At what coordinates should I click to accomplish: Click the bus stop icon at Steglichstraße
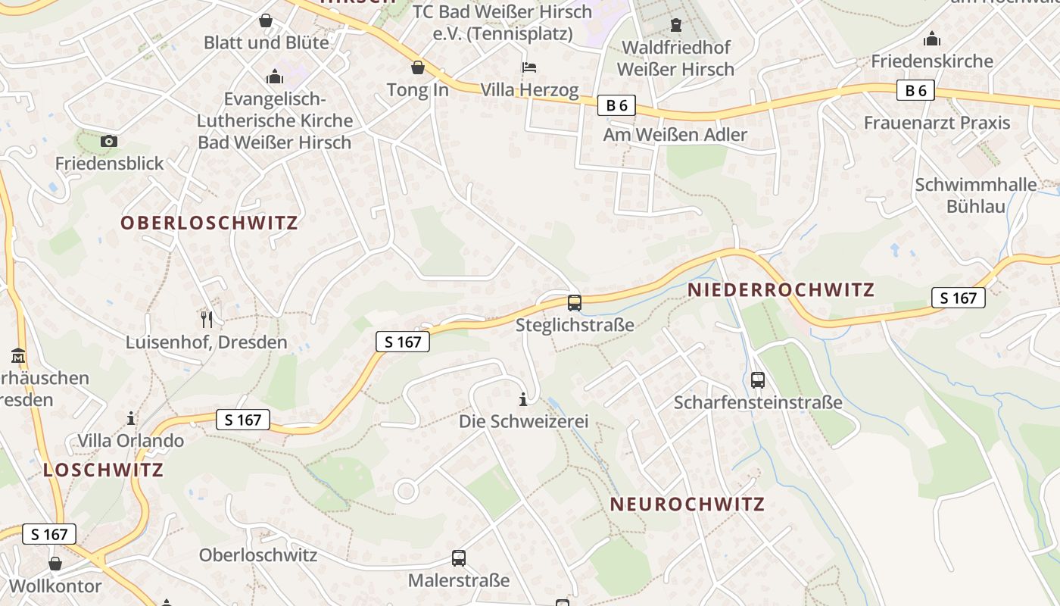pyautogui.click(x=575, y=303)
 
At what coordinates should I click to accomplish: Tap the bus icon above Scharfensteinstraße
pyautogui.click(x=758, y=380)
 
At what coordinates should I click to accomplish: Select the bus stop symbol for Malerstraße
pyautogui.click(x=459, y=558)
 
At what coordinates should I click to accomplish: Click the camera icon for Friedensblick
pyautogui.click(x=109, y=141)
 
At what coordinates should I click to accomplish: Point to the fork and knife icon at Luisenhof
pyautogui.click(x=207, y=320)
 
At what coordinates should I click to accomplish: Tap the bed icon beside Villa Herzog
pyautogui.click(x=530, y=68)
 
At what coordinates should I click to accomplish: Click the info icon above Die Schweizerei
pyautogui.click(x=522, y=399)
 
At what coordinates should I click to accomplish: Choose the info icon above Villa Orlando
pyautogui.click(x=131, y=418)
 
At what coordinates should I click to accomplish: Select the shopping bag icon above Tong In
pyautogui.click(x=417, y=68)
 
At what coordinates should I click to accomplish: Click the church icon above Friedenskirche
pyautogui.click(x=932, y=39)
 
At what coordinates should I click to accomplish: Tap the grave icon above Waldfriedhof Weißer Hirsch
pyautogui.click(x=676, y=25)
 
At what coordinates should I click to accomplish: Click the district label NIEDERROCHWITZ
pyautogui.click(x=781, y=289)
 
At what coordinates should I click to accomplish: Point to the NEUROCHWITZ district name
pyautogui.click(x=687, y=504)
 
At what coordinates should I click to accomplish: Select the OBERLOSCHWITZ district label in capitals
pyautogui.click(x=209, y=223)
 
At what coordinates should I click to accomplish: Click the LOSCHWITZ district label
pyautogui.click(x=103, y=470)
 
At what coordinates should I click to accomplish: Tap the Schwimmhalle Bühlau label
pyautogui.click(x=976, y=195)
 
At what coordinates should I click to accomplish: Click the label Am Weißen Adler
pyautogui.click(x=675, y=135)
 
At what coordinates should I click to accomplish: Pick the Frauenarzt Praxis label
pyautogui.click(x=937, y=123)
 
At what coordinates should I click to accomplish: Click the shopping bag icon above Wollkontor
pyautogui.click(x=55, y=564)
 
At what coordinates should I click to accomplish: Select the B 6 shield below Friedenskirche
pyautogui.click(x=915, y=91)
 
